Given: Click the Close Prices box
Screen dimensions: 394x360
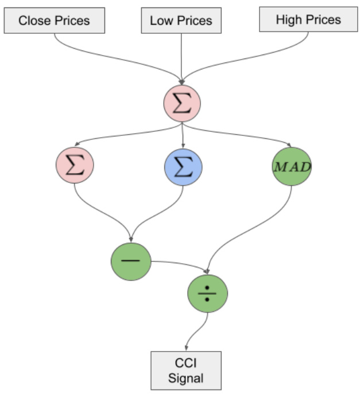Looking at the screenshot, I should pos(54,21).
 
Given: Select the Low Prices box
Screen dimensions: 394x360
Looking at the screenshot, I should pos(181,21).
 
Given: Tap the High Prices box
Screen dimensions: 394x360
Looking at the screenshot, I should pos(308,20).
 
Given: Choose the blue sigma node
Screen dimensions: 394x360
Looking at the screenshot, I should pos(183,166).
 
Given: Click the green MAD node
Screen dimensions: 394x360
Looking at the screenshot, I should pos(291,166).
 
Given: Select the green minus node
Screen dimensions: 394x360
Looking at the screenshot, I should pos(131,261).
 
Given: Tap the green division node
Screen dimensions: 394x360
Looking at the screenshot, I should pos(208,293).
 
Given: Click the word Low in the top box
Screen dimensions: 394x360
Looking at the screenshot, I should pos(161,21).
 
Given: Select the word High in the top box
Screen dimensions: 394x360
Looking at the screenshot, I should pos(288,20).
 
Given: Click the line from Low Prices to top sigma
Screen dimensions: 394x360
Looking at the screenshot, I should pos(181,57).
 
